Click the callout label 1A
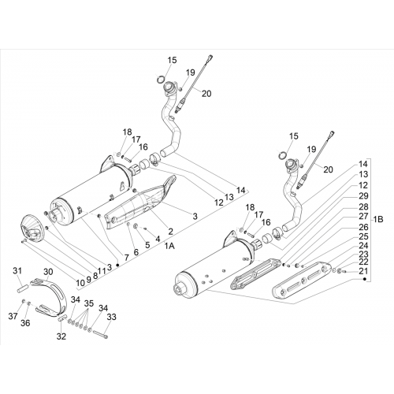tap(169, 246)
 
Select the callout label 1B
tap(377, 219)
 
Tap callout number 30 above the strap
tap(48, 272)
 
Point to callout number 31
tap(17, 270)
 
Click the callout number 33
tap(111, 317)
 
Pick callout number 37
tap(13, 317)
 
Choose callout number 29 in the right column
tap(363, 196)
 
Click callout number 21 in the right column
tap(363, 271)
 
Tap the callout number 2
tap(171, 232)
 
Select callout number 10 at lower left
tap(80, 283)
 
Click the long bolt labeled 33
tap(100, 334)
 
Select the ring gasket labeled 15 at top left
tap(161, 79)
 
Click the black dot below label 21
tap(364, 279)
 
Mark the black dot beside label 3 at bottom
tap(117, 266)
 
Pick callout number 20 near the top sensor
tap(206, 93)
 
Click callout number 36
tap(25, 323)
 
